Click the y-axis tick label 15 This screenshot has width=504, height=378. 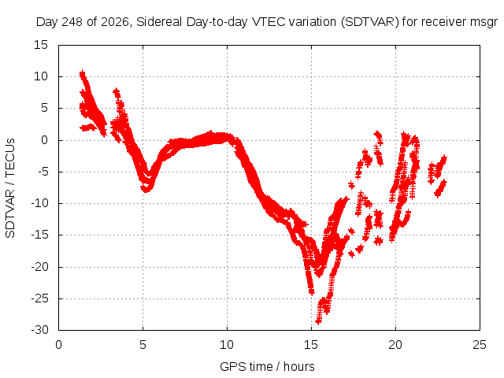(41, 45)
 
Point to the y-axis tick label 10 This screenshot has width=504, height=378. (41, 76)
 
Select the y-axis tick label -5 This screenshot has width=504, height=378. (43, 172)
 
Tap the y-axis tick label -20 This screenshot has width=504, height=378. (39, 267)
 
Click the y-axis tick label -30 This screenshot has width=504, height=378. (39, 330)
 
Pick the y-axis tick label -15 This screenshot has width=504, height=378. (39, 235)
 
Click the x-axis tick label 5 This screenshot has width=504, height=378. (143, 345)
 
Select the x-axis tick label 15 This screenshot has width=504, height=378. (311, 345)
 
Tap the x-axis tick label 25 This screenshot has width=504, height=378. (480, 345)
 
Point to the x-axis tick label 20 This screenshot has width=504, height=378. (395, 345)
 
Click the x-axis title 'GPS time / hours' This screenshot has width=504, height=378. (267, 367)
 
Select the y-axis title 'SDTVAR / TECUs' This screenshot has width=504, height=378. (10, 188)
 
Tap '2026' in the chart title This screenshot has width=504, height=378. (115, 22)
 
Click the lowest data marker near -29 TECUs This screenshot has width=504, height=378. (318, 321)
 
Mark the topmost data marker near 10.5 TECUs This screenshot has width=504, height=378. (82, 73)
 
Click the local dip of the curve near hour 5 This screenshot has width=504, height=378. (146, 190)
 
